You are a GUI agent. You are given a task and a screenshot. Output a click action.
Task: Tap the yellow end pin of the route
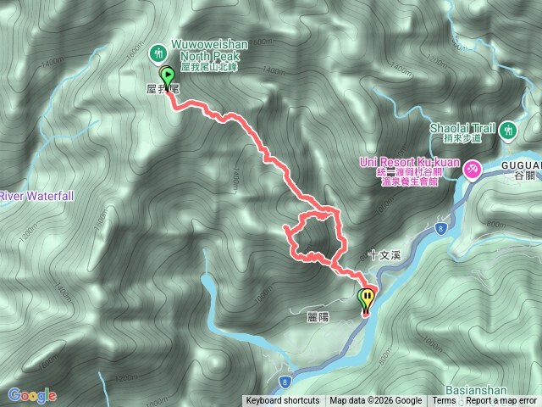click(x=367, y=298)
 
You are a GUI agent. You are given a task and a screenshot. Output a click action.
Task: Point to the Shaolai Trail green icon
click(x=507, y=131)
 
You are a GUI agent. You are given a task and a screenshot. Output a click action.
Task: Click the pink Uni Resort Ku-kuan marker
click(x=472, y=170)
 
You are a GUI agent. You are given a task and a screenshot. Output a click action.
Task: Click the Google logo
click(x=31, y=395)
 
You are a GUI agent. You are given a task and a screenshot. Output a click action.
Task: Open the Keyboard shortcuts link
click(x=283, y=401)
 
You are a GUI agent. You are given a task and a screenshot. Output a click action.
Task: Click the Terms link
click(x=444, y=401)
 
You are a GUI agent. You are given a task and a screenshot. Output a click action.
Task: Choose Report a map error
click(x=501, y=401)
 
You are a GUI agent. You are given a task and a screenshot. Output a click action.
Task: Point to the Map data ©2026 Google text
click(x=376, y=401)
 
